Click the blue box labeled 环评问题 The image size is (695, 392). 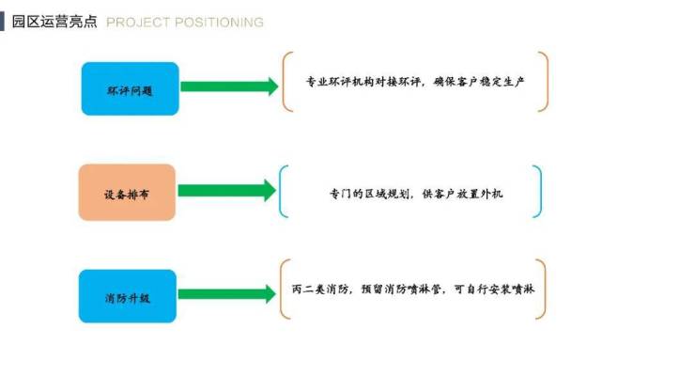(130, 88)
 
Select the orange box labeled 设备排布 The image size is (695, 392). (127, 192)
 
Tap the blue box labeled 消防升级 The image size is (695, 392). (127, 295)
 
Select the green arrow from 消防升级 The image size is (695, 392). (226, 294)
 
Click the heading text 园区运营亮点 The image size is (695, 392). (54, 22)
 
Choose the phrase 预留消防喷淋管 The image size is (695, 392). (400, 289)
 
